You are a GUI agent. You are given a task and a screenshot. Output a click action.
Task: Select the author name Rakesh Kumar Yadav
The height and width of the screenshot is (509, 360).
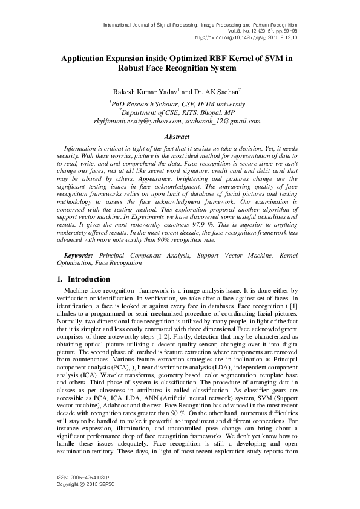point(133,91)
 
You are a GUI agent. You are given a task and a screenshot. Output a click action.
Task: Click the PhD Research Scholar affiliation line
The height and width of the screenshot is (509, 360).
point(177,103)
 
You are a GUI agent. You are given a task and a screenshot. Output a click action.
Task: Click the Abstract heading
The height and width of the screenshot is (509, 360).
point(178,137)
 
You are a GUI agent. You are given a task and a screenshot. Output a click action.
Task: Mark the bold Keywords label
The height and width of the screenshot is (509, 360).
point(79,256)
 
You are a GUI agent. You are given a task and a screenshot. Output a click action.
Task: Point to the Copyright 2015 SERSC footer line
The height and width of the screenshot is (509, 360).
point(81,501)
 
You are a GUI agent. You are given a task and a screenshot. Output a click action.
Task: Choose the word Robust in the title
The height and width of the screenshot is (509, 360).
point(136,69)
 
